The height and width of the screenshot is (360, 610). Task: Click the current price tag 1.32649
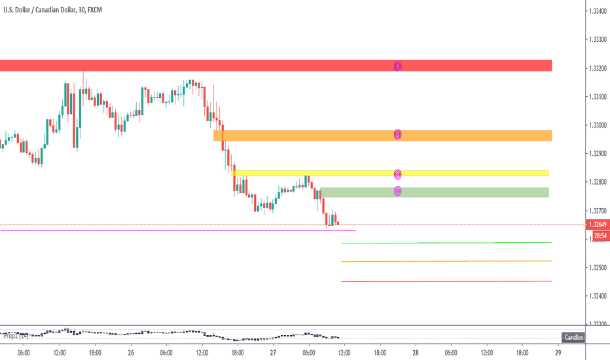click(598, 225)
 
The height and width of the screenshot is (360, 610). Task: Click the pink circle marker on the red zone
click(397, 65)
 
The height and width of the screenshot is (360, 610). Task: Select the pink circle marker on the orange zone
click(397, 134)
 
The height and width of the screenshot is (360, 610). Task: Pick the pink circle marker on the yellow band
click(397, 174)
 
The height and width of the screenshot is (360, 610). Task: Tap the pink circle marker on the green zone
click(397, 191)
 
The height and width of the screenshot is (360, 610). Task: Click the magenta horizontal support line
click(177, 230)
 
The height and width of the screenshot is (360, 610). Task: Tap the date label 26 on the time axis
click(131, 351)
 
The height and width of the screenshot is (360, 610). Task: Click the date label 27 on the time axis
click(273, 351)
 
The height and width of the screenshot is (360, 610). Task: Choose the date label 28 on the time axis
click(416, 351)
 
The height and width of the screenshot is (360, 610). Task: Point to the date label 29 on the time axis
click(558, 351)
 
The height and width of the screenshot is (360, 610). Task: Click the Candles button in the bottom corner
click(575, 337)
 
